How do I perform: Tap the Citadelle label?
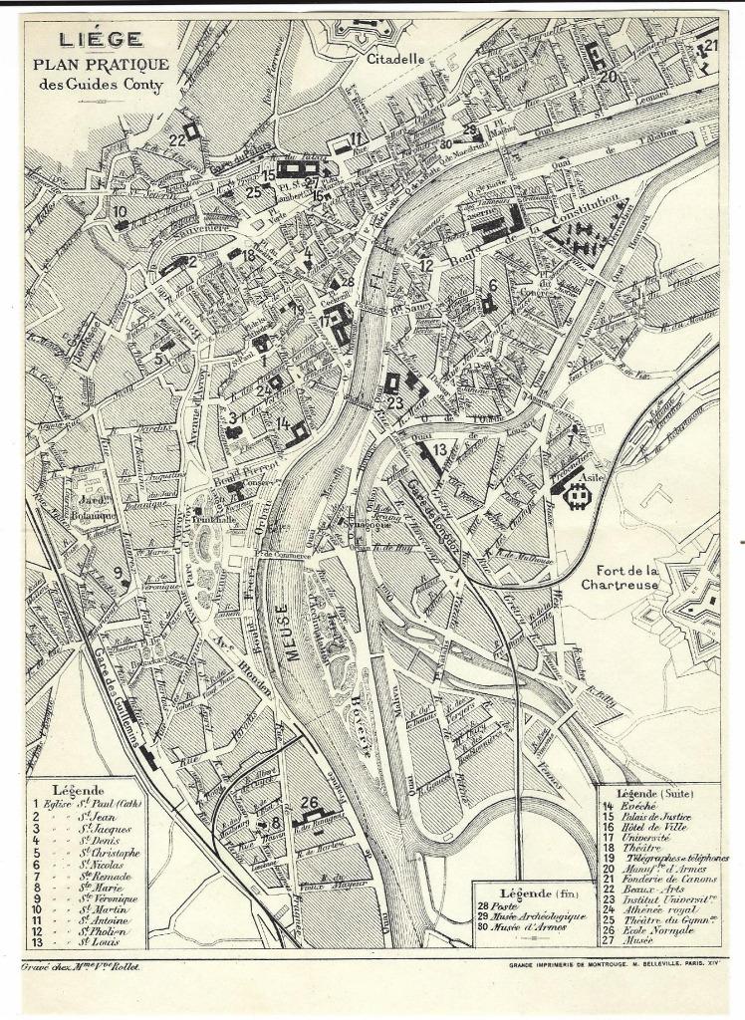pyautogui.click(x=395, y=59)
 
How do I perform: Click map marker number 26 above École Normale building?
pyautogui.click(x=310, y=803)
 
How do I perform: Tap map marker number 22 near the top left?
pyautogui.click(x=178, y=140)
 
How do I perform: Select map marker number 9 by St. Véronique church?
pyautogui.click(x=119, y=571)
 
